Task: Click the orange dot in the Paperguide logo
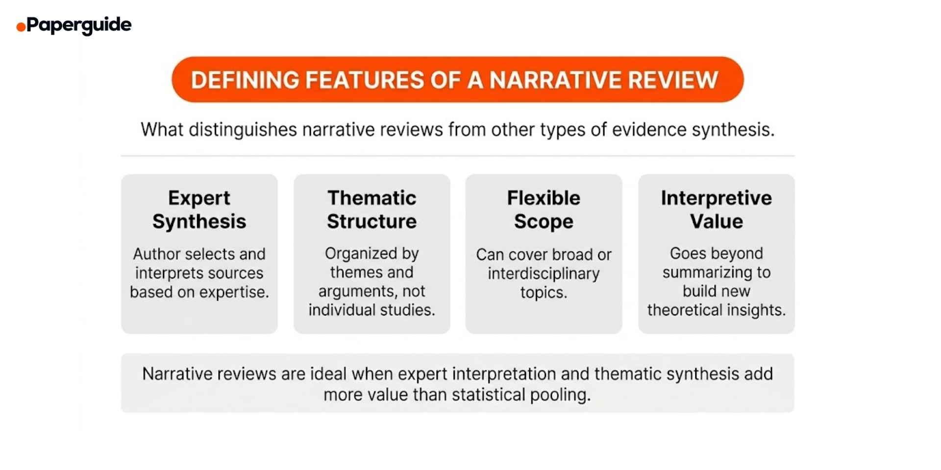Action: point(21,27)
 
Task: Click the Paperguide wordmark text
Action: point(79,24)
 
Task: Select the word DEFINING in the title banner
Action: point(245,80)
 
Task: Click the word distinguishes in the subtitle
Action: point(243,130)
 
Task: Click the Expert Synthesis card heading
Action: point(199,210)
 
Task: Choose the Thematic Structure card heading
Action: point(371,210)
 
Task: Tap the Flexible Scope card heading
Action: point(544,210)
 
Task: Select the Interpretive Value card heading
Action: point(716,210)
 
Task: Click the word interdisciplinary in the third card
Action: point(544,274)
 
